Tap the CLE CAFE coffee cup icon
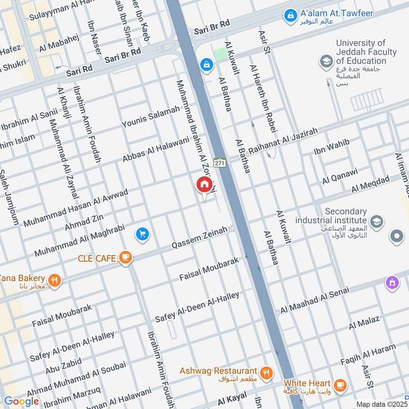coord(125,258)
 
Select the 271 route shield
coord(220,163)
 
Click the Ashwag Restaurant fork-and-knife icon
coord(265,373)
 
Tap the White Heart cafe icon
coord(339,384)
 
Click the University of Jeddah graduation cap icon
coord(326,62)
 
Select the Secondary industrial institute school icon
coord(377,221)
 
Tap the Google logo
coord(21,401)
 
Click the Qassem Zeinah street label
coord(199,238)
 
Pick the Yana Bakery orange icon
coord(55,280)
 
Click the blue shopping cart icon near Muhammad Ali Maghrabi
coord(143,234)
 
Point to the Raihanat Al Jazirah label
coord(283,142)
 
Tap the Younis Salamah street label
coord(151,117)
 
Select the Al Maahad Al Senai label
coord(314,300)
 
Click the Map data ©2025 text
coord(381,404)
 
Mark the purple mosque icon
coord(392,282)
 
